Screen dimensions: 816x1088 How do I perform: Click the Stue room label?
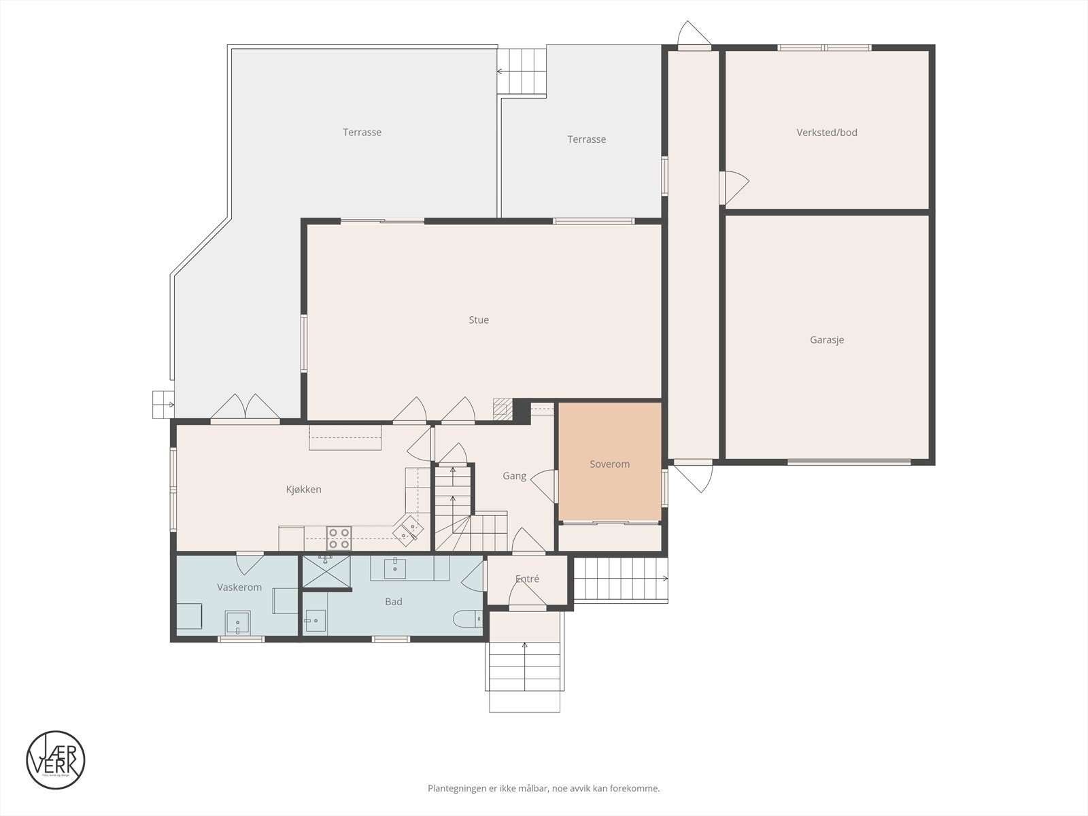tap(478, 320)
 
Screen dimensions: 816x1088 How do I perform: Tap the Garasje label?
tap(826, 339)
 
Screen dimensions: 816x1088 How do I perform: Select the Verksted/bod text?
tap(826, 133)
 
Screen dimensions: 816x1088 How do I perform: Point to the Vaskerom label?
tap(239, 587)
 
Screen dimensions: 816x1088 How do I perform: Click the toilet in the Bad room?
tap(467, 619)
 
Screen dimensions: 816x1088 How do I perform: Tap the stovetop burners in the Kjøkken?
tap(339, 538)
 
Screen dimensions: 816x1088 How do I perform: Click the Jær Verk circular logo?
tap(56, 760)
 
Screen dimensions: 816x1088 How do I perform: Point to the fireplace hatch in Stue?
tap(501, 409)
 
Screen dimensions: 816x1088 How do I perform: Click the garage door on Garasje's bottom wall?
tap(849, 462)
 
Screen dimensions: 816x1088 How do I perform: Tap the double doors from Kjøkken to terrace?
tap(245, 408)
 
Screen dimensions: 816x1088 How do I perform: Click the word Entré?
tap(527, 579)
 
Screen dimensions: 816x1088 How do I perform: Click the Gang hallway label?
tap(514, 476)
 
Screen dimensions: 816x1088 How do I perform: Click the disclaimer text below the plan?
tap(543, 789)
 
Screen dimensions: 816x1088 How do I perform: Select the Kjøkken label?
tap(303, 489)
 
